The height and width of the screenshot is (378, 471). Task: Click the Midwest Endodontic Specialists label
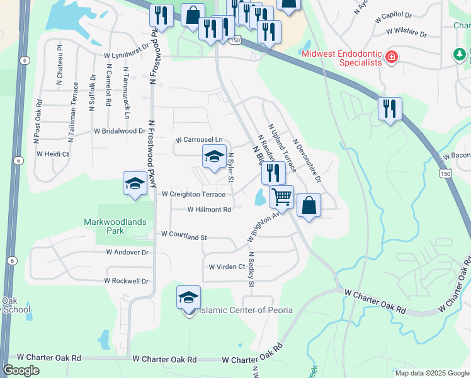coord(343,57)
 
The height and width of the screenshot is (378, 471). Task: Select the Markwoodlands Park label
coord(115,226)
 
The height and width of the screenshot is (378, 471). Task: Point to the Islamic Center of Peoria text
coord(238,311)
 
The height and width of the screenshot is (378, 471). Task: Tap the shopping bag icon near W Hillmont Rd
coord(309,205)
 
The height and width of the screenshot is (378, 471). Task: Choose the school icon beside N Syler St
coord(214,157)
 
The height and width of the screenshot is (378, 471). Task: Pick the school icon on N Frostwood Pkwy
coord(135,184)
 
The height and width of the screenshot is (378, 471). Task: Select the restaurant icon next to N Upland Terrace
coord(273,172)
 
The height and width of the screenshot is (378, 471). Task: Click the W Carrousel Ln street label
coord(199,139)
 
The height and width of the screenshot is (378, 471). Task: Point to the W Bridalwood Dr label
coord(119,131)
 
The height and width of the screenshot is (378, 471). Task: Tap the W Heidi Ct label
coord(53,154)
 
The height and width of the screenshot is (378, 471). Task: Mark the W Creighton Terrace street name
coord(193,195)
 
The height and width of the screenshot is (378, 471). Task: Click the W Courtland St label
coord(184,235)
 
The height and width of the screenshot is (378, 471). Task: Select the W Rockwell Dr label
coord(127,281)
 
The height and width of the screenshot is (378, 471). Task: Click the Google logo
coord(21,370)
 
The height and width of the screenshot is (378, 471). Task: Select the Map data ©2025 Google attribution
coord(431,373)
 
